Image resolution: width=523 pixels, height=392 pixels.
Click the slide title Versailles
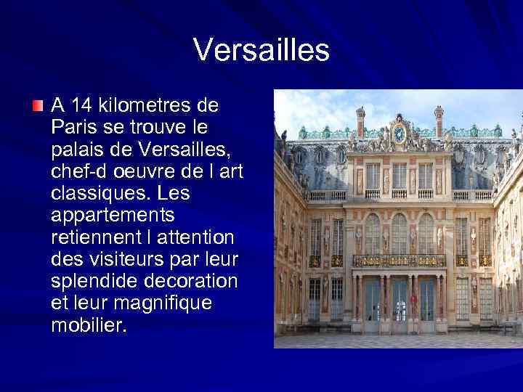[261, 51]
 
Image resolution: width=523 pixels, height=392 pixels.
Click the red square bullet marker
[38, 107]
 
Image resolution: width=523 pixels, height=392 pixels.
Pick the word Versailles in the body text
[189, 150]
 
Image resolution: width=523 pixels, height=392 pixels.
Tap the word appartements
[113, 216]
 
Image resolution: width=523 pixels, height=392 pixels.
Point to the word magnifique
[168, 303]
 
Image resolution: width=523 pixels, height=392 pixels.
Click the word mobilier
[89, 326]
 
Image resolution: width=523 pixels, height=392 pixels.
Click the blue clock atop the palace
[399, 134]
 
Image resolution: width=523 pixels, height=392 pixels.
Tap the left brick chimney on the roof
[360, 122]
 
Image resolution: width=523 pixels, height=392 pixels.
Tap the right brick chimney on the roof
[439, 121]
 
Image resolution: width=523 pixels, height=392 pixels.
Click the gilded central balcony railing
[400, 260]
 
